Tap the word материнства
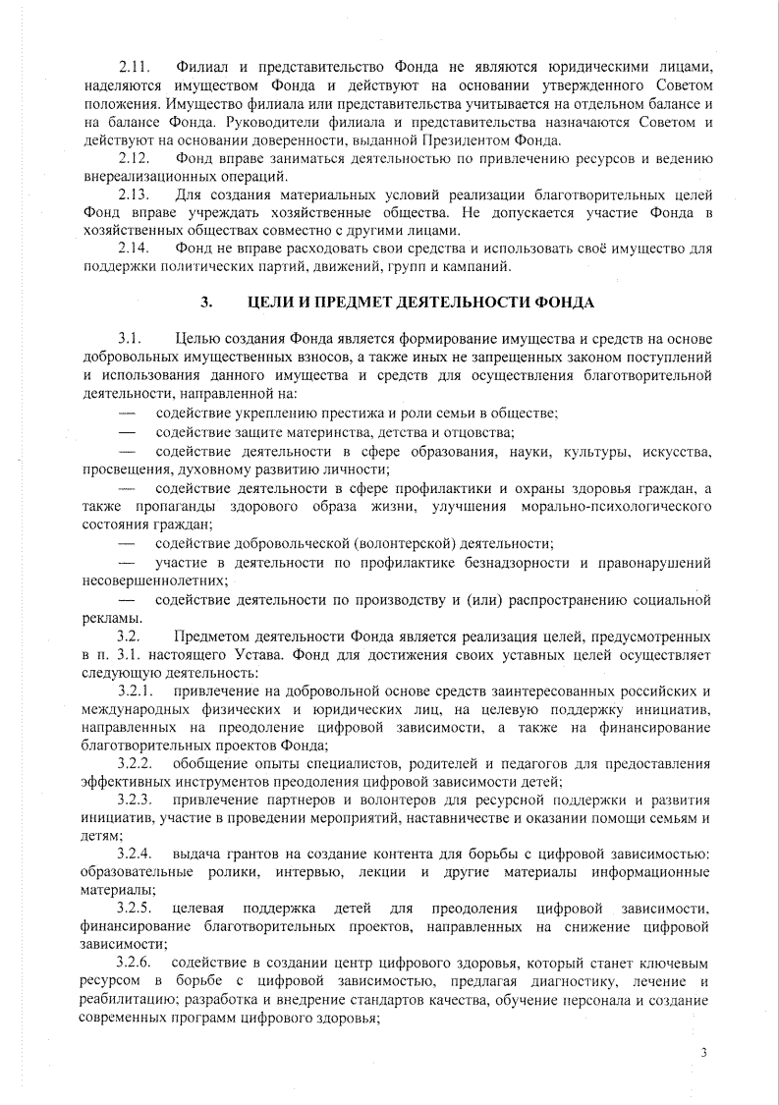tap(333, 431)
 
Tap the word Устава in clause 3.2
tap(272, 655)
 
